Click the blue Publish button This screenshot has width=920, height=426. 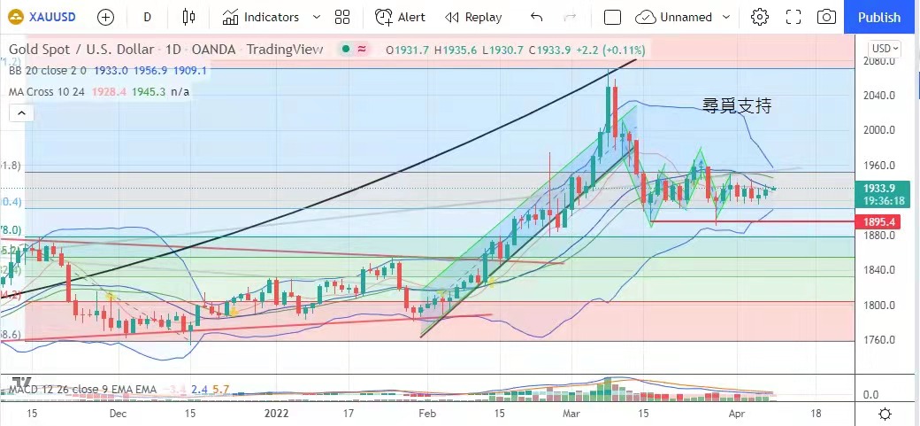(x=879, y=17)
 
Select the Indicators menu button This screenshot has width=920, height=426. (x=261, y=17)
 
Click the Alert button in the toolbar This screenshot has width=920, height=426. (x=400, y=17)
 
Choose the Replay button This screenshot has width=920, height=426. (x=473, y=17)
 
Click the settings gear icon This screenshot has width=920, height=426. (x=759, y=17)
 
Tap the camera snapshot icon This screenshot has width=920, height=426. (x=826, y=17)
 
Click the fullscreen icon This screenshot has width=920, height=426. (x=793, y=17)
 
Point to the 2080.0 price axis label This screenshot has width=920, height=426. (x=879, y=61)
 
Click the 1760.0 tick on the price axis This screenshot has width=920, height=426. (x=879, y=340)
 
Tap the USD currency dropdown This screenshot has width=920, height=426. (x=885, y=49)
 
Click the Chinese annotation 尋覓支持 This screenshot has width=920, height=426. (x=737, y=106)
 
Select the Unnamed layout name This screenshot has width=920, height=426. (x=686, y=17)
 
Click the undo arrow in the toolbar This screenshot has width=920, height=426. (x=536, y=17)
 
